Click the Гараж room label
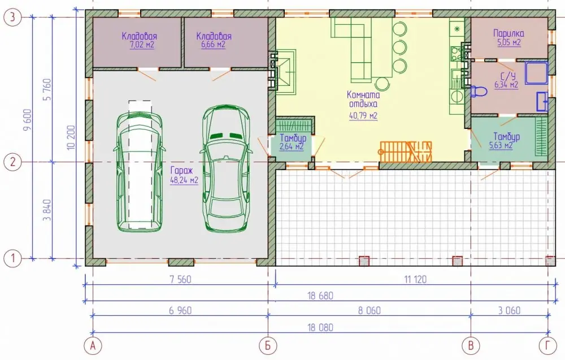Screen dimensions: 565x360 tap(181, 171)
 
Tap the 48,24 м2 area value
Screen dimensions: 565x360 tap(184, 180)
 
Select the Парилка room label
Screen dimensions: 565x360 tap(509, 33)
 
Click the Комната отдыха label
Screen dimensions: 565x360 tap(363, 99)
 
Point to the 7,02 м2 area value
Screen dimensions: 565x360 tap(142, 45)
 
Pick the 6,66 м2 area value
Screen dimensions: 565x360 tap(214, 44)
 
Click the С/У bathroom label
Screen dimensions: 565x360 tap(508, 76)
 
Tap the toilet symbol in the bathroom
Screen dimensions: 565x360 tap(479, 92)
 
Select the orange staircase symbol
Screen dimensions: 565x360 tap(406, 151)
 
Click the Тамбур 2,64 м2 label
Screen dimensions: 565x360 tap(293, 142)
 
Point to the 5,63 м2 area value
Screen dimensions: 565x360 tap(501, 146)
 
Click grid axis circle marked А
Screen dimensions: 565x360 tap(93, 346)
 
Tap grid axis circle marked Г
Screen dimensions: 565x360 tap(547, 346)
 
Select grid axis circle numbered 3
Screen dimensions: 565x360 tap(12, 18)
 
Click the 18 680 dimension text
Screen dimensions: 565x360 tap(320, 296)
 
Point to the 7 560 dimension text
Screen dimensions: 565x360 tap(180, 279)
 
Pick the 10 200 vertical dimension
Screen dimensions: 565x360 tap(71, 137)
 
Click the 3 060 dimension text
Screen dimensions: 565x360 tap(509, 310)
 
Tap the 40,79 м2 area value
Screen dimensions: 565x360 tap(363, 116)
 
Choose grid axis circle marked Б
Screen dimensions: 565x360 tap(268, 346)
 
